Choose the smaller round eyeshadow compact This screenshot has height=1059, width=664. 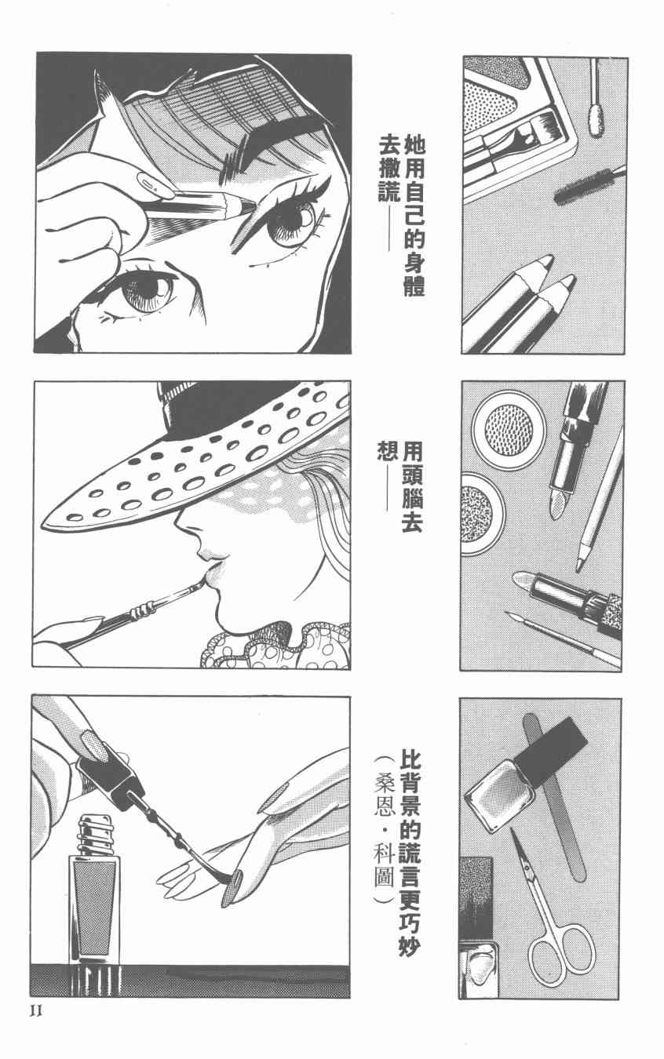[x=481, y=514]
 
